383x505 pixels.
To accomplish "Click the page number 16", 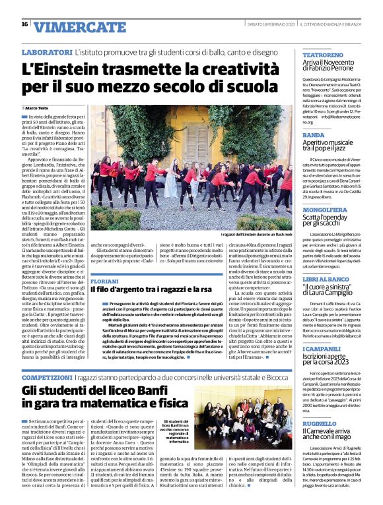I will click(x=25, y=24).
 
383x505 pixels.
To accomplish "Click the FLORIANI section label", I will click(x=105, y=281).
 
